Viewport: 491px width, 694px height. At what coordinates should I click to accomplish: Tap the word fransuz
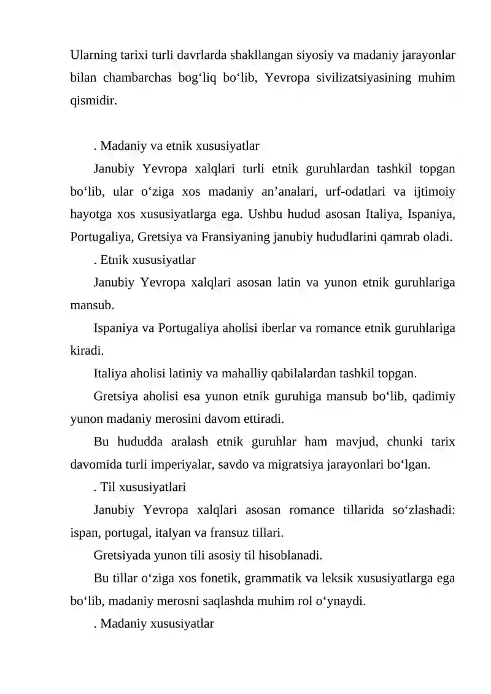[231, 533]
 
